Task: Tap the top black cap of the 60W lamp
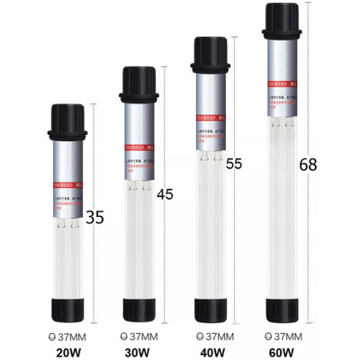click(283, 21)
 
